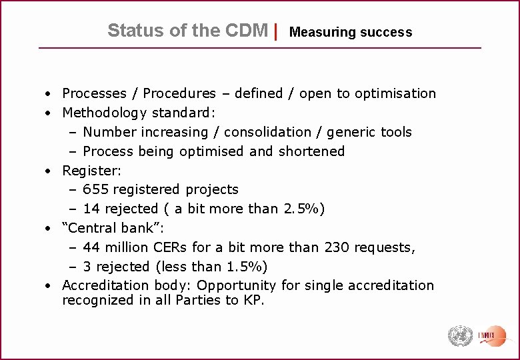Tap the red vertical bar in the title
(x=276, y=31)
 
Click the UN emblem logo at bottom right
(x=459, y=335)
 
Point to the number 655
(x=97, y=189)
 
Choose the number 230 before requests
(x=338, y=247)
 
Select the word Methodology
(x=105, y=113)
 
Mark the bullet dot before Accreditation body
(x=49, y=286)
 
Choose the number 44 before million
(x=92, y=247)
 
